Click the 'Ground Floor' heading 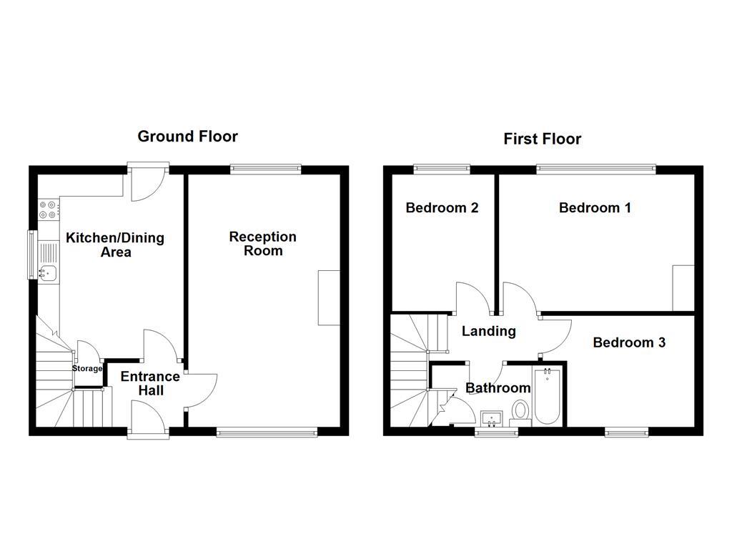tap(187, 136)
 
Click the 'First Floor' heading tap(542, 139)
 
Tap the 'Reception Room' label tap(262, 244)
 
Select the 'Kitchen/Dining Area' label tap(115, 245)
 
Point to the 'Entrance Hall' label tap(150, 383)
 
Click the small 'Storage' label tap(86, 369)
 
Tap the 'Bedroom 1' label tap(595, 208)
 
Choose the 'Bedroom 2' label tap(442, 208)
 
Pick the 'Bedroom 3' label tap(629, 342)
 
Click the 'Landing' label tap(488, 331)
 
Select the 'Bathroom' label tap(498, 388)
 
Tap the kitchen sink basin tap(48, 272)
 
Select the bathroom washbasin tap(491, 417)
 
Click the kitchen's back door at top tap(148, 182)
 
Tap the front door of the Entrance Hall tap(149, 416)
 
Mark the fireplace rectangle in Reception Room tap(329, 298)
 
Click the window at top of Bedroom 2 tap(441, 169)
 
